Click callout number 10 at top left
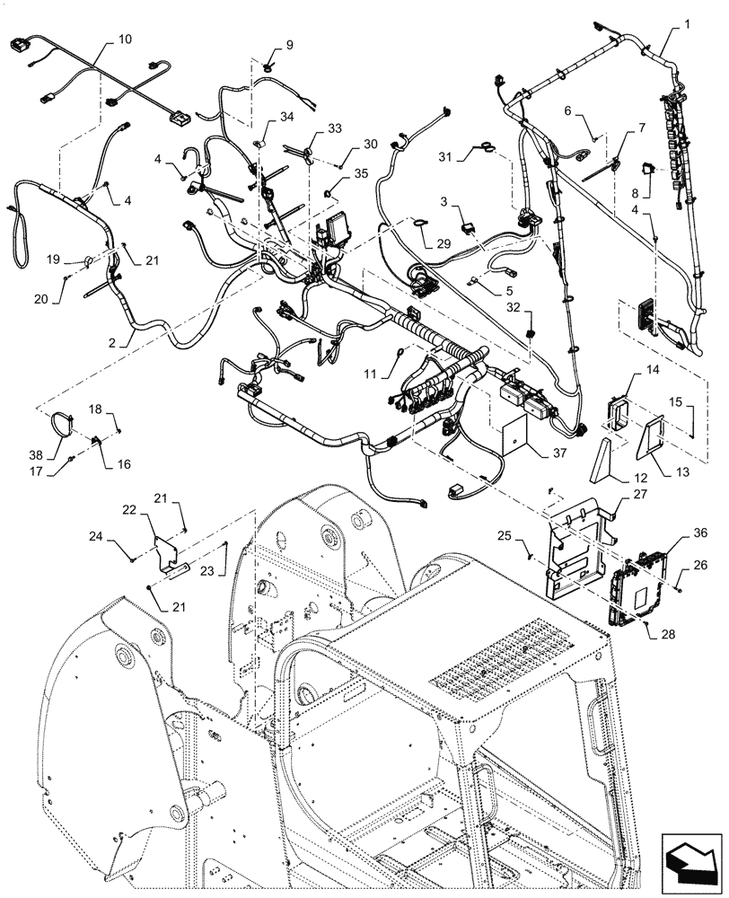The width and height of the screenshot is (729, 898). [124, 41]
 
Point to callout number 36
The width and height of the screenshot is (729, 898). [699, 533]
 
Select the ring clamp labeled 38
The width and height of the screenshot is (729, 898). [60, 421]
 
